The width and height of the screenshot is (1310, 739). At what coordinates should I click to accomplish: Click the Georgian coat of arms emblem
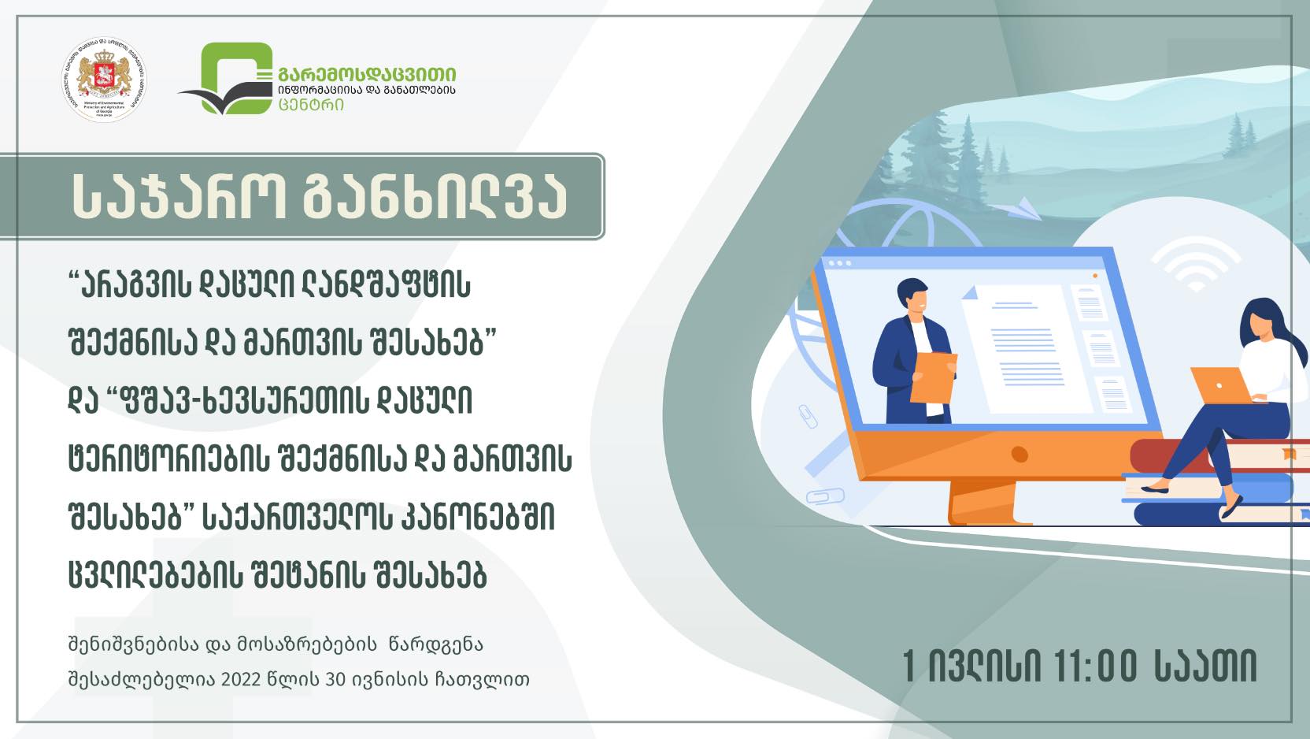(x=104, y=79)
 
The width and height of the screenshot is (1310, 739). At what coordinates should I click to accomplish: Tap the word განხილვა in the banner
(x=435, y=196)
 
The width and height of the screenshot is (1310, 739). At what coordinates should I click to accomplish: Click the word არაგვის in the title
(x=139, y=284)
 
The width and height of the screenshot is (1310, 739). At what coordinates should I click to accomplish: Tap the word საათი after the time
(x=1205, y=667)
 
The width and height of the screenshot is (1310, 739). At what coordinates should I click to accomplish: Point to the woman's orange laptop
(x=1219, y=384)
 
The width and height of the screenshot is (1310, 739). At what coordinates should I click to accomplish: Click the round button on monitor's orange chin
(x=1020, y=455)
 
